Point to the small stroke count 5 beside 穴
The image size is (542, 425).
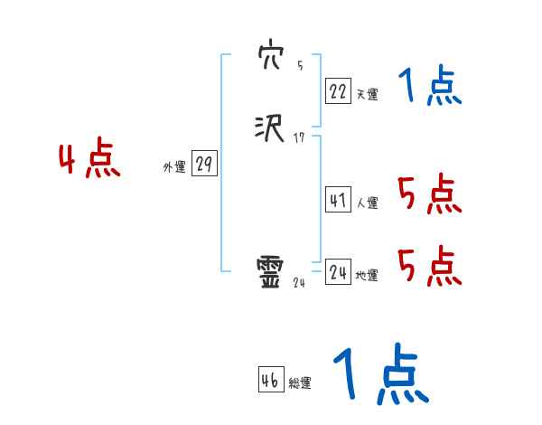(x=300, y=66)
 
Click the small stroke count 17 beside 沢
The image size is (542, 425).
(x=300, y=137)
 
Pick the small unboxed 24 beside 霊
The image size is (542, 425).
(x=299, y=282)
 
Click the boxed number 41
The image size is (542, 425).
(x=338, y=200)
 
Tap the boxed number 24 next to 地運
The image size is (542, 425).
(x=338, y=272)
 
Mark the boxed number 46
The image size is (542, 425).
(x=270, y=380)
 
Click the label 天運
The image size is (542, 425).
(x=367, y=93)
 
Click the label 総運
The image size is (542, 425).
(x=300, y=383)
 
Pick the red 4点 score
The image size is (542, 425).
(x=89, y=160)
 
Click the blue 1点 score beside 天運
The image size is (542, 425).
(x=429, y=87)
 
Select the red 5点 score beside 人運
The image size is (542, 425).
(x=429, y=194)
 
